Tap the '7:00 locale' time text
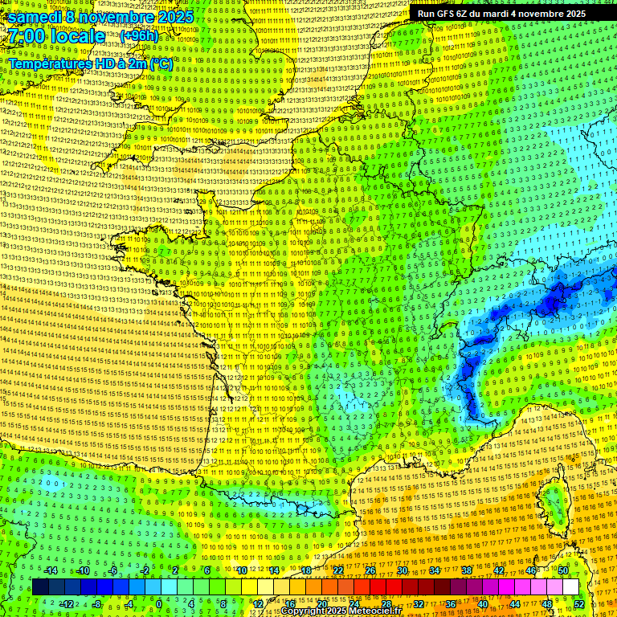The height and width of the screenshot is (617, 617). pos(56,36)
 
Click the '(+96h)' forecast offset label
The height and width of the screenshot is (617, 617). pos(140,36)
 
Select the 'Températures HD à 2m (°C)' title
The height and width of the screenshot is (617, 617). pos(91,63)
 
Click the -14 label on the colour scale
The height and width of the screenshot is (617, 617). pos(50,570)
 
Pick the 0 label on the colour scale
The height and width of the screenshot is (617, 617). pos(159,604)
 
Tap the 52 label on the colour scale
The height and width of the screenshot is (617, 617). pos(579,604)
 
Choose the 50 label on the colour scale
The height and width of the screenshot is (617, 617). pos(563,570)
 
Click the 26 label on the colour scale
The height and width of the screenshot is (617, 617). pos(370,570)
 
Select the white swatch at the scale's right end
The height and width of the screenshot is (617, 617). pos(570,587)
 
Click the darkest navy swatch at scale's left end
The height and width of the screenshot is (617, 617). pos(40,587)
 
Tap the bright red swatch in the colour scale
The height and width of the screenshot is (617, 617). pos(378,587)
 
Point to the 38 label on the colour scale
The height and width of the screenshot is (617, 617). pos(467,570)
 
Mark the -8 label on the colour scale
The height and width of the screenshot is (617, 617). pos(96,604)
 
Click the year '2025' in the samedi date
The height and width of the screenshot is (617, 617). pos(174,17)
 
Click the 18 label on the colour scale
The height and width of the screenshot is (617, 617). pos(306,570)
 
